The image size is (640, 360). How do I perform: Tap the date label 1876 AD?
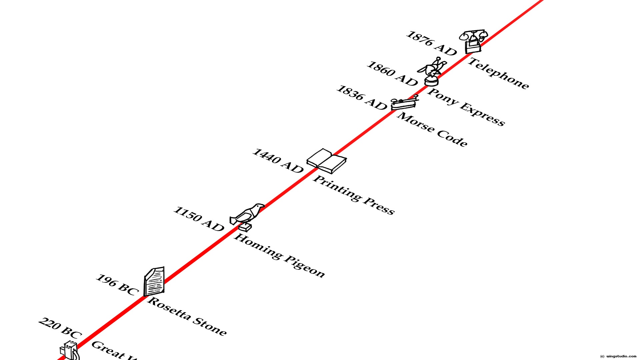pyautogui.click(x=431, y=44)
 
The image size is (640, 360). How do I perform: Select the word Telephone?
pyautogui.click(x=498, y=74)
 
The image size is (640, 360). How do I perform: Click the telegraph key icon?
pyautogui.click(x=404, y=103)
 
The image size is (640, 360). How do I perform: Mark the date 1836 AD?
pyautogui.click(x=362, y=98)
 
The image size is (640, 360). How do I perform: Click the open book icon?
pyautogui.click(x=326, y=161)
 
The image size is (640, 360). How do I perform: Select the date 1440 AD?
pyautogui.click(x=278, y=161)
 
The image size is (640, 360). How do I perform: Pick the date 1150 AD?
pyautogui.click(x=199, y=219)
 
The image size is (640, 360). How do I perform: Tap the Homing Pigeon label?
pyautogui.click(x=279, y=256)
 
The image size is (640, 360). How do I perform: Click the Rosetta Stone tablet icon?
pyautogui.click(x=154, y=281)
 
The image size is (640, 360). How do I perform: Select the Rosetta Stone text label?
pyautogui.click(x=187, y=316)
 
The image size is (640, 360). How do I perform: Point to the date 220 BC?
pyautogui.click(x=60, y=328)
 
